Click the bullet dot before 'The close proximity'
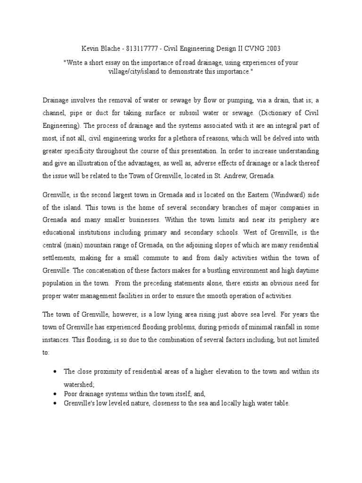coord(56,372)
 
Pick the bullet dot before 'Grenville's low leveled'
coord(56,403)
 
